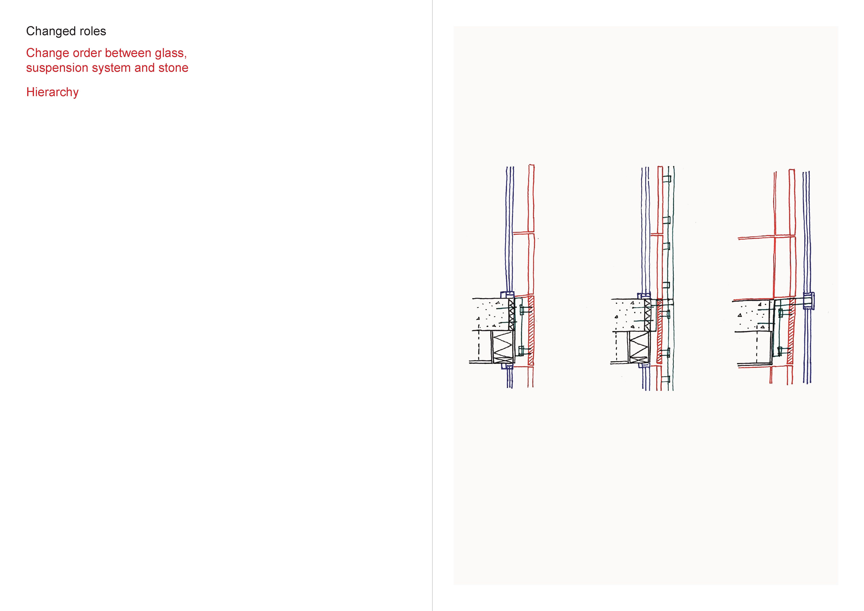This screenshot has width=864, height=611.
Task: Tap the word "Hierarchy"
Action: [x=52, y=92]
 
